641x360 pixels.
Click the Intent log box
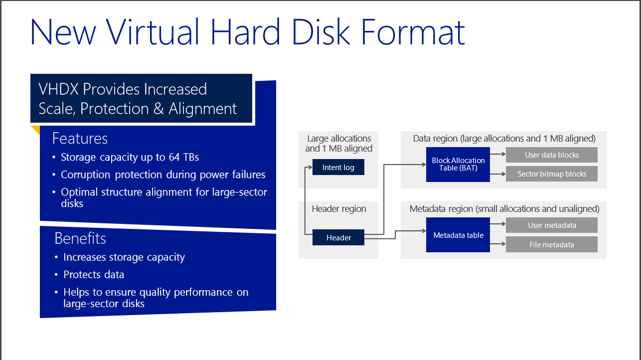tap(338, 167)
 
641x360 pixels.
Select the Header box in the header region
tap(338, 237)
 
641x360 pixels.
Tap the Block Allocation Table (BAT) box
tap(458, 165)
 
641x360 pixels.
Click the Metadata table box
tap(458, 235)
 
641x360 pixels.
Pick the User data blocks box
tap(552, 155)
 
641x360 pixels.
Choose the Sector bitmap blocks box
tap(552, 174)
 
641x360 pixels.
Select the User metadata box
tap(552, 225)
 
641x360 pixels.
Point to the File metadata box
tap(552, 244)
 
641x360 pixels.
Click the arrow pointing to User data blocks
tap(498, 154)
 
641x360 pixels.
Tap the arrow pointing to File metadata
tap(498, 244)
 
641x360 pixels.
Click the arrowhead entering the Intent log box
tap(311, 167)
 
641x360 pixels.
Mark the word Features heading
tap(80, 139)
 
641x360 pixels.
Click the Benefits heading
tap(80, 238)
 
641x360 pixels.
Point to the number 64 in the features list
tap(174, 157)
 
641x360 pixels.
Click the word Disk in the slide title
tap(321, 31)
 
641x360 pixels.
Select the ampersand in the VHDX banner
tap(159, 109)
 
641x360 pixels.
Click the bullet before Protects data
tap(56, 275)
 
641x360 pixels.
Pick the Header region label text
tap(339, 209)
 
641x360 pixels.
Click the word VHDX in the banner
tap(58, 89)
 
